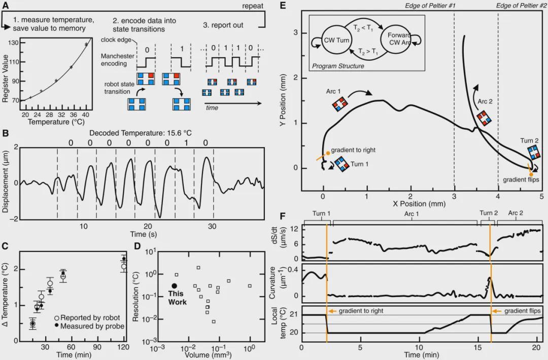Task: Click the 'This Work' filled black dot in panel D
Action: (175, 286)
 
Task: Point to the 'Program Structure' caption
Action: (338, 66)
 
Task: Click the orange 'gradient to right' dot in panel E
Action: (328, 153)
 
